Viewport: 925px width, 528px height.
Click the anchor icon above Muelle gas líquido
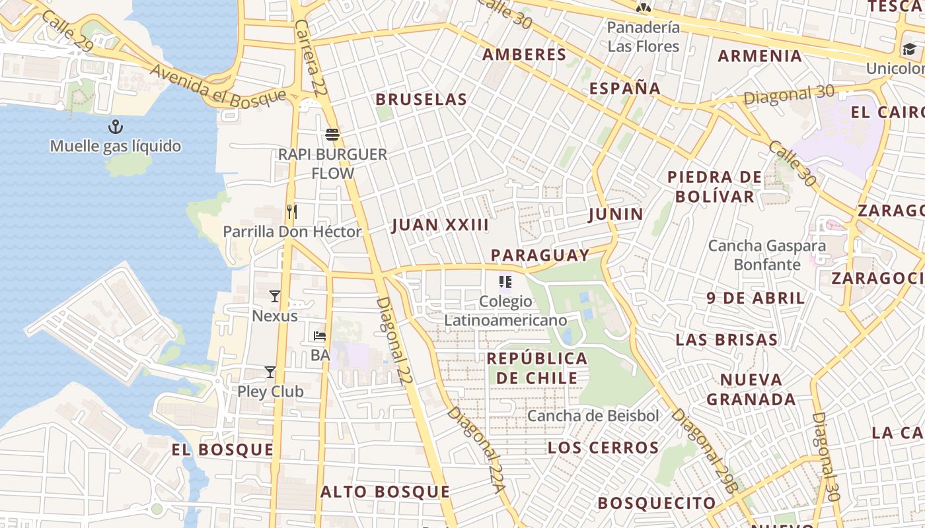(x=116, y=126)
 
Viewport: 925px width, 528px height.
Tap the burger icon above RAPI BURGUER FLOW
(x=332, y=135)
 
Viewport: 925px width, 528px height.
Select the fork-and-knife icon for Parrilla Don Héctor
(x=291, y=212)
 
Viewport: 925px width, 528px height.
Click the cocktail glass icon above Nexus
(x=275, y=296)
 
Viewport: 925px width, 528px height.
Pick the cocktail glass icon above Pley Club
(x=270, y=372)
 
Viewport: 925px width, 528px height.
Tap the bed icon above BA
(x=320, y=335)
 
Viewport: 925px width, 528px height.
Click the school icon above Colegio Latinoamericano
(x=505, y=282)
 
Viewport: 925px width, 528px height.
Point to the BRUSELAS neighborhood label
(x=422, y=100)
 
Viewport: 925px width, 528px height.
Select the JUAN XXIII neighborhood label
(x=440, y=225)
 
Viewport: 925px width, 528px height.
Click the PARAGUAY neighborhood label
(x=540, y=255)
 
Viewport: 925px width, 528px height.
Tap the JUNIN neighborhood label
(x=616, y=214)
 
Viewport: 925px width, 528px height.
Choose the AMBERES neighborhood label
(x=525, y=55)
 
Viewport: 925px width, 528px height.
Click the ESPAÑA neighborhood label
(x=624, y=88)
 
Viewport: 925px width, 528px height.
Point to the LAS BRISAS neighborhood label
(x=726, y=340)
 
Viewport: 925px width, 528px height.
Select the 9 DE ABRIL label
(x=756, y=298)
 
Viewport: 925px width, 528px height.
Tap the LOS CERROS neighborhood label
(x=603, y=448)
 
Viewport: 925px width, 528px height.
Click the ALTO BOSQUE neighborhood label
(x=385, y=492)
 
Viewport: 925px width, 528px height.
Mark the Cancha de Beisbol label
(x=593, y=416)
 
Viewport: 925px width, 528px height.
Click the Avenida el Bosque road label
(x=218, y=86)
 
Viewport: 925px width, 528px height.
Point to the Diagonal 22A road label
(x=476, y=449)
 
